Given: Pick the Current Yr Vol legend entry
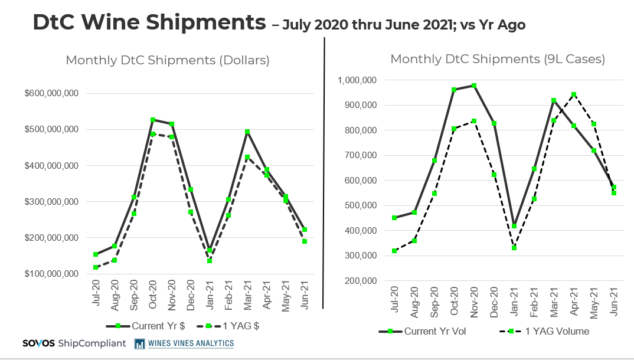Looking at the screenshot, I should click(x=422, y=331).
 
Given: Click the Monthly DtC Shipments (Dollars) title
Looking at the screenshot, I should click(x=168, y=60).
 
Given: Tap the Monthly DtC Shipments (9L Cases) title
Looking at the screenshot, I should click(x=498, y=59).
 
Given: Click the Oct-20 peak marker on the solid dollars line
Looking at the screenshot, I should click(x=153, y=120).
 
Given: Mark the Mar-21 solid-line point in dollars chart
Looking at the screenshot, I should click(x=247, y=132).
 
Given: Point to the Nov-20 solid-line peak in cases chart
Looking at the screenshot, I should click(x=474, y=86).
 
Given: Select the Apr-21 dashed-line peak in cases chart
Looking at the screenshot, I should click(x=573, y=94).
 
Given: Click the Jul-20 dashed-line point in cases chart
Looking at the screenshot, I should click(x=394, y=251).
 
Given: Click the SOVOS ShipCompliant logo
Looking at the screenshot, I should click(x=74, y=343).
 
